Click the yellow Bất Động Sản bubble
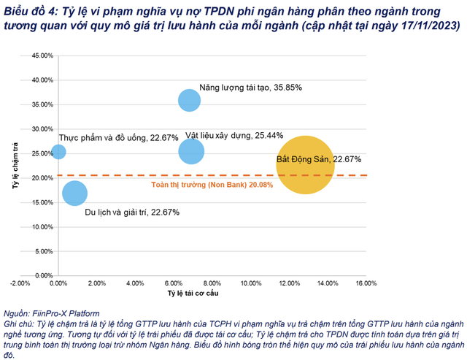point(305,165)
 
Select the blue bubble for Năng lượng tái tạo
point(189,100)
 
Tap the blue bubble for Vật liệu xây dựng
point(191,151)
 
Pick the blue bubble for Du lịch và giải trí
point(75,193)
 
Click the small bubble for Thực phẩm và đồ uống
point(58,152)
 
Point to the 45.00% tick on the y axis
point(42,55)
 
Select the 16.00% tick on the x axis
point(366,283)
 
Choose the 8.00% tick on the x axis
point(212,283)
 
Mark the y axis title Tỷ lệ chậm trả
point(15,167)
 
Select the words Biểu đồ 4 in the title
point(32,9)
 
